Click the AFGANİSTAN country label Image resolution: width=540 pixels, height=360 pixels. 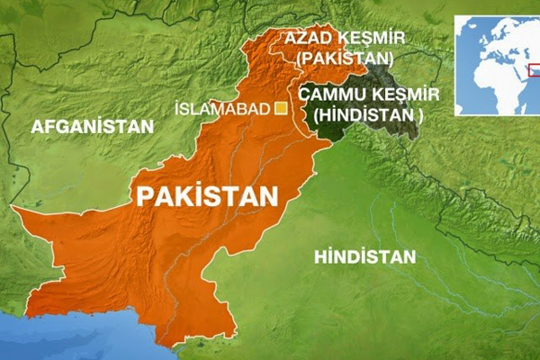click(x=93, y=127)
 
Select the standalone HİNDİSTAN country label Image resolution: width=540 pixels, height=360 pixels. click(x=365, y=257)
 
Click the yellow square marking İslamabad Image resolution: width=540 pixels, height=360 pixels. click(x=280, y=109)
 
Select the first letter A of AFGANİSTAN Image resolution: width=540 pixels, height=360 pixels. click(x=37, y=127)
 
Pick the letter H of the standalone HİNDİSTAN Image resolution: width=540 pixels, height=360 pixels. click(x=320, y=257)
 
